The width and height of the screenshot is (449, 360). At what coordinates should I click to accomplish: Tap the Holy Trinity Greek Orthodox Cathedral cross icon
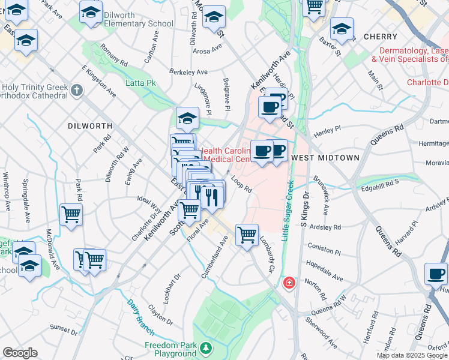pyautogui.click(x=76, y=91)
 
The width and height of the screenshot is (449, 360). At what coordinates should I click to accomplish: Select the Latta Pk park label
pyautogui.click(x=140, y=83)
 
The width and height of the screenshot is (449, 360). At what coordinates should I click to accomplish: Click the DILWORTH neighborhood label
pyautogui.click(x=90, y=126)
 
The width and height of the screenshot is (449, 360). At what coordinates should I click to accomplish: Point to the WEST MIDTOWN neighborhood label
pyautogui.click(x=325, y=158)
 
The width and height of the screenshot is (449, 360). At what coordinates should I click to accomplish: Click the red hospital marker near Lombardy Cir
pyautogui.click(x=289, y=282)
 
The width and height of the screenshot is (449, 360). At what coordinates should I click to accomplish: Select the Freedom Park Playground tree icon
pyautogui.click(x=206, y=347)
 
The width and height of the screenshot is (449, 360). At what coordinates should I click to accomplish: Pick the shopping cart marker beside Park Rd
pyautogui.click(x=71, y=214)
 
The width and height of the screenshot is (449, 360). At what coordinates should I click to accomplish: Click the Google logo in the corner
pyautogui.click(x=20, y=353)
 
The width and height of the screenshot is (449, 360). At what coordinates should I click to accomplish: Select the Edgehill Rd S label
pyautogui.click(x=380, y=187)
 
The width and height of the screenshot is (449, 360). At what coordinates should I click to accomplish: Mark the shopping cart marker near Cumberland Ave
pyautogui.click(x=247, y=235)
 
